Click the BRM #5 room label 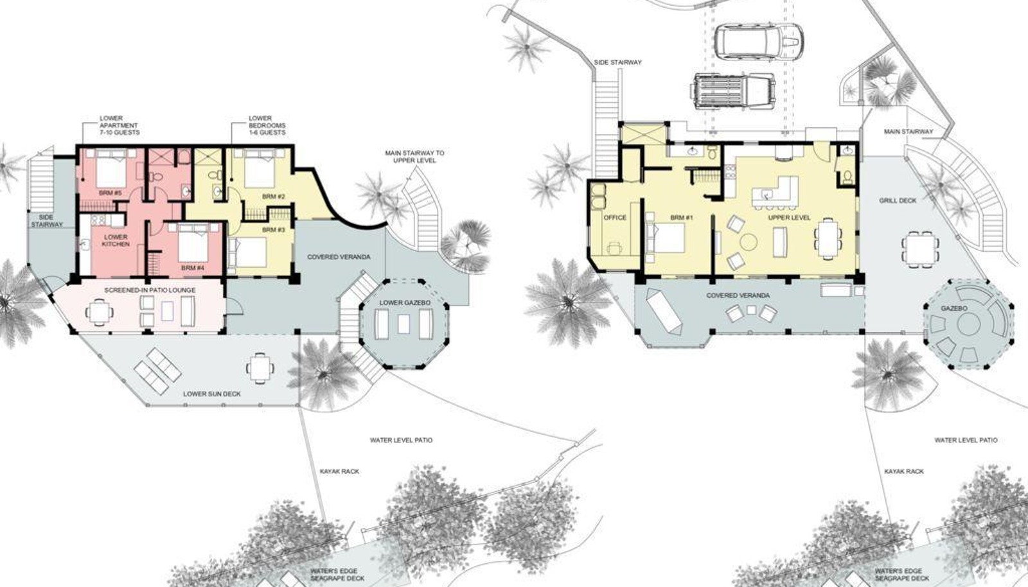tap(110, 193)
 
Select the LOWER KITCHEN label tap(116, 240)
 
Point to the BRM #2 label tap(274, 197)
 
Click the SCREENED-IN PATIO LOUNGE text tap(150, 290)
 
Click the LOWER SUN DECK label tap(212, 394)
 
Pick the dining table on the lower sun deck tap(260, 368)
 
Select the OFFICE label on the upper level tap(615, 217)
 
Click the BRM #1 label tap(682, 217)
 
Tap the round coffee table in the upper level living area tap(749, 242)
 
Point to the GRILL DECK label tap(898, 200)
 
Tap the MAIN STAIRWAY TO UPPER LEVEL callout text tap(414, 157)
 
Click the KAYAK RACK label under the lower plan tap(340, 471)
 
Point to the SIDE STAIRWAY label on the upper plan tap(617, 62)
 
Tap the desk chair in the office tap(614, 248)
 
